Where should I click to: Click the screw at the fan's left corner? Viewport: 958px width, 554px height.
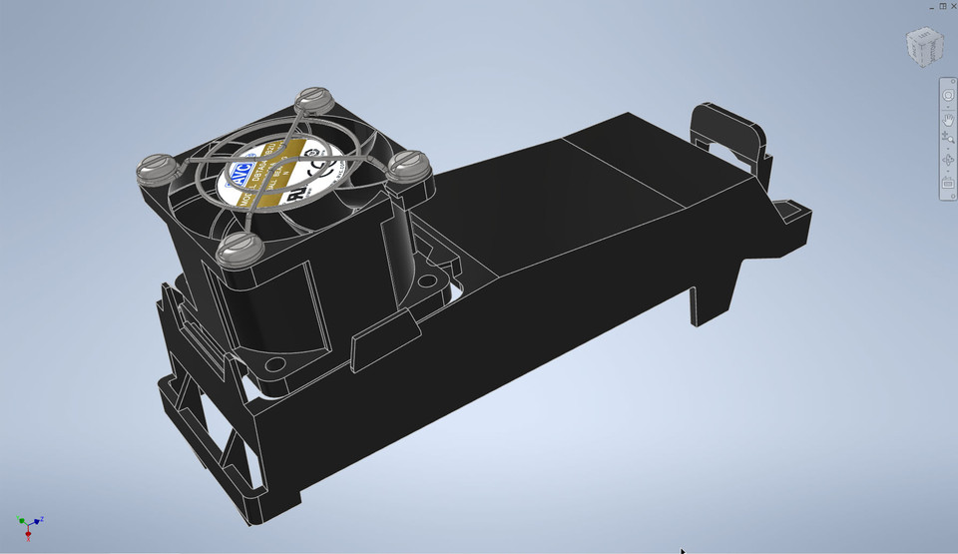pos(154,167)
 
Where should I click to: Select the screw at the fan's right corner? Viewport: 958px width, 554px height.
pos(408,163)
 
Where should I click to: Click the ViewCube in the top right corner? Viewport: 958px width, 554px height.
pos(923,46)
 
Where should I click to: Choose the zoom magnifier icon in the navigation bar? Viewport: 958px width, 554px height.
pos(948,139)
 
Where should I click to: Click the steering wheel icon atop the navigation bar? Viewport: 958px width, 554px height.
pos(948,95)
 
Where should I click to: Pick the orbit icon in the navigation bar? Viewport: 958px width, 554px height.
pos(948,161)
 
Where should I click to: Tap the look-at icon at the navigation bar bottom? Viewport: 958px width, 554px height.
pos(948,183)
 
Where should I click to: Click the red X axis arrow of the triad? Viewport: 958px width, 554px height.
pos(28,534)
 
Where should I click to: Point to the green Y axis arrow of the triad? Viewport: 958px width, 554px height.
pos(21,520)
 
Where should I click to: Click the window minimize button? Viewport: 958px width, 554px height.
pos(932,5)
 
